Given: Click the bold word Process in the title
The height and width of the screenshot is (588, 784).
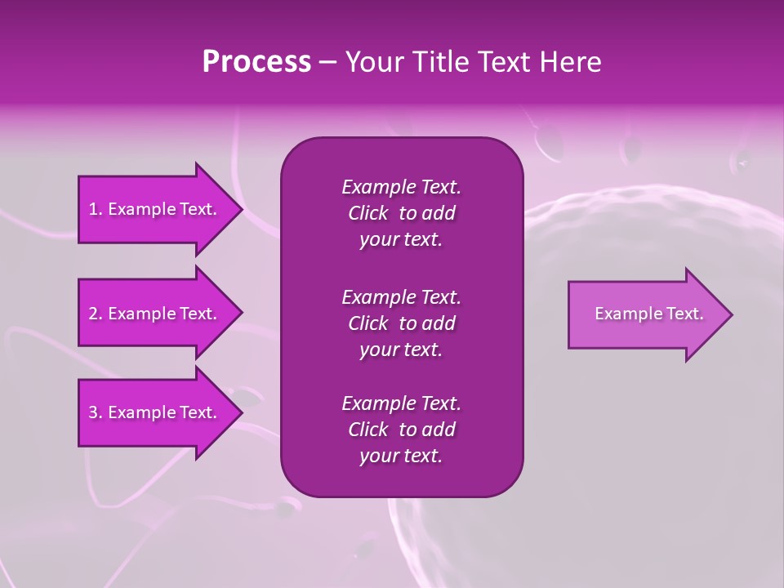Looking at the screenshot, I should coord(256,62).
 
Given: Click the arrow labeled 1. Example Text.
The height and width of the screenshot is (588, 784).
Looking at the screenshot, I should coord(155,209).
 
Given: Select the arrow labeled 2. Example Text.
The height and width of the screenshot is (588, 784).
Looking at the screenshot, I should coord(155,314).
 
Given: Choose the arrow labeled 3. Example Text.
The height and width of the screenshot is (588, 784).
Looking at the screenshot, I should coord(155,412).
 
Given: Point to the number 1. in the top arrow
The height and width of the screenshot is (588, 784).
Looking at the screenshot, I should coord(96,209).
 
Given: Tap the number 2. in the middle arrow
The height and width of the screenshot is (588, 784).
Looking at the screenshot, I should coord(96,314).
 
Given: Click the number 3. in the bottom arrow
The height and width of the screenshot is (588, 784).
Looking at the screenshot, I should coord(96,412).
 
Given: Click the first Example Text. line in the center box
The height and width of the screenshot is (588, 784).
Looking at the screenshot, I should coord(401,187).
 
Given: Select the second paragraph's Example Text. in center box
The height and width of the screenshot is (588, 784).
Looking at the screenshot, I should coord(401,296).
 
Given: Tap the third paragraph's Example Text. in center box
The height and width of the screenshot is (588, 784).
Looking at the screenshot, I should coord(401,403).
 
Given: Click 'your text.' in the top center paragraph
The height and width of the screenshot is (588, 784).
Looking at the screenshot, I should coord(401,240).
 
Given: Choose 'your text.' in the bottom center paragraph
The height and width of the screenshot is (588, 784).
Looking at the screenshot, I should coord(401,457).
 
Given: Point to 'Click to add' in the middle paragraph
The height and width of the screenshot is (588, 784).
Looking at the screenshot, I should coord(401,323).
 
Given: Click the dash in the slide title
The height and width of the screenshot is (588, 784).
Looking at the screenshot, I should coord(327,63).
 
